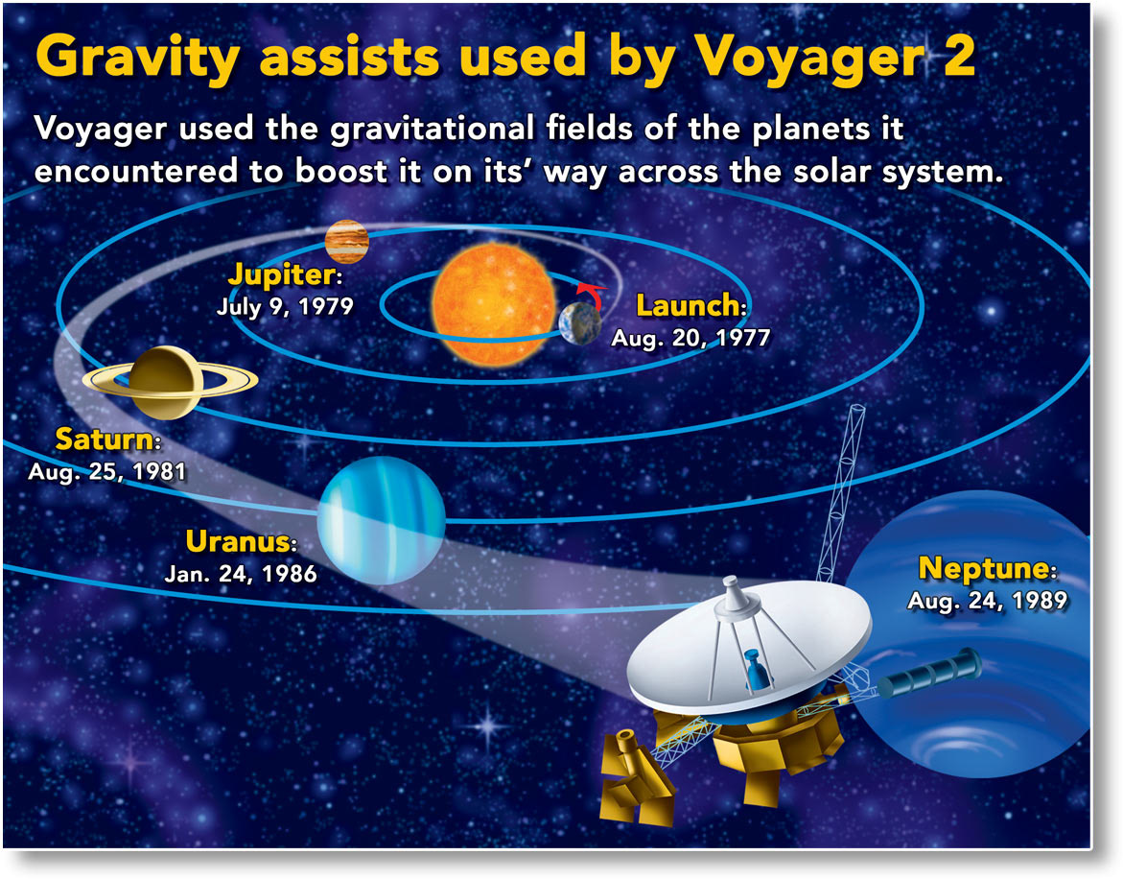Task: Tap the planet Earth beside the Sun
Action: [580, 323]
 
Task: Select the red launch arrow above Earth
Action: [591, 294]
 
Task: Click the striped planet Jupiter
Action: [346, 242]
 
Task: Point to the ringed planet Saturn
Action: [170, 382]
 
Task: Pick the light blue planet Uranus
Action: [381, 521]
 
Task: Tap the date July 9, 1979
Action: [285, 307]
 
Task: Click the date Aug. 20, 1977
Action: [690, 338]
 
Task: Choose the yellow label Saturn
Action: [107, 439]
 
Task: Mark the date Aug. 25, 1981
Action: [107, 471]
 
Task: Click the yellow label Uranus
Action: [241, 541]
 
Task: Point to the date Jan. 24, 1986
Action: [241, 574]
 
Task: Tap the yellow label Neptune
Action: [988, 568]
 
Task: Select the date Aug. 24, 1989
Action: [988, 601]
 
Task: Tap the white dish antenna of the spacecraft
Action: [749, 645]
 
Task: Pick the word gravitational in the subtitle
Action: [433, 130]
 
